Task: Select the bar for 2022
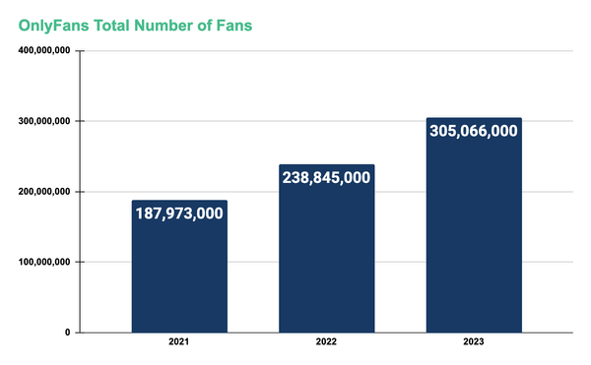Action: pyautogui.click(x=326, y=266)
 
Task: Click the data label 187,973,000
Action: pyautogui.click(x=179, y=213)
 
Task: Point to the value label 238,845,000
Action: pyautogui.click(x=326, y=178)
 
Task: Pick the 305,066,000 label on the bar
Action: pyautogui.click(x=473, y=131)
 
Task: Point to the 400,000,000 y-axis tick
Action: pyautogui.click(x=43, y=51)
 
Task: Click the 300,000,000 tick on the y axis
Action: pyautogui.click(x=43, y=122)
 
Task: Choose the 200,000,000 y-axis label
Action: pyautogui.click(x=43, y=192)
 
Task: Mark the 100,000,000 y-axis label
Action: pyautogui.click(x=43, y=263)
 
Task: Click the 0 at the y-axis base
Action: pyautogui.click(x=66, y=333)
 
